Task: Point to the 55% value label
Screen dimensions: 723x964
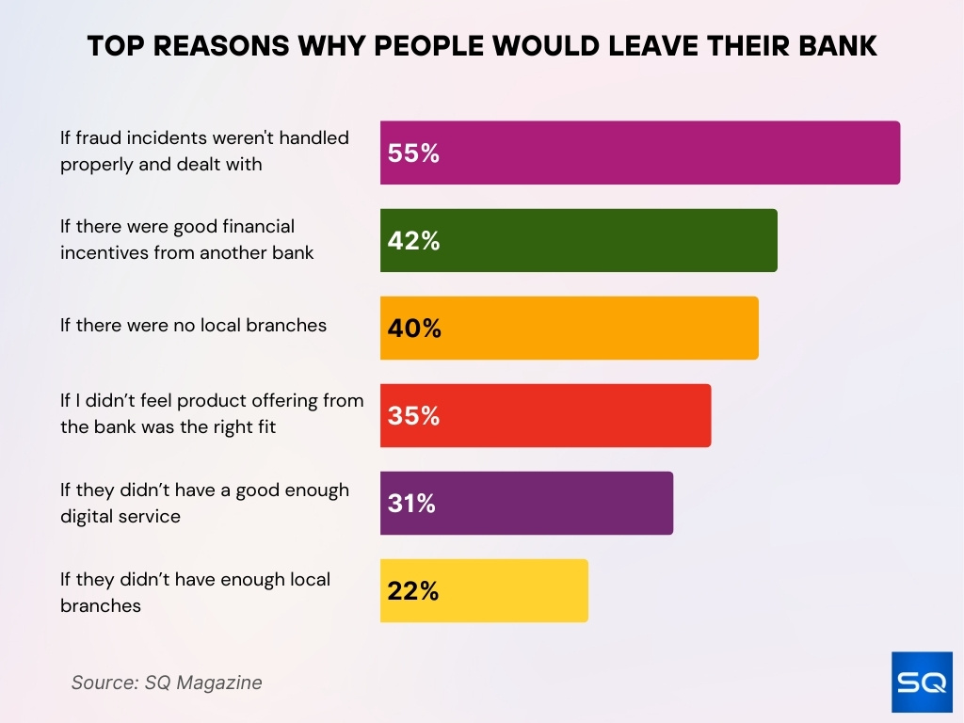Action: (x=413, y=153)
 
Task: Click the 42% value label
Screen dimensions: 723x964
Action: (x=413, y=241)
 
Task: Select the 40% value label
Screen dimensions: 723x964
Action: (x=413, y=329)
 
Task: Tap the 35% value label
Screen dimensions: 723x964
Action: (x=413, y=416)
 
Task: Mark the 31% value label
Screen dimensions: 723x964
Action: (x=411, y=504)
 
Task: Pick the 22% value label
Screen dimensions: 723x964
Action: (x=412, y=591)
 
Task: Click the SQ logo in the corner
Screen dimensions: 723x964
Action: (x=922, y=682)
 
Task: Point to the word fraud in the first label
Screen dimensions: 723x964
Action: (x=98, y=137)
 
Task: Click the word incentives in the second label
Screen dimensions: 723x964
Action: (x=102, y=252)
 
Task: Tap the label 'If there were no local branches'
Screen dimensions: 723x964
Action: (x=193, y=325)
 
